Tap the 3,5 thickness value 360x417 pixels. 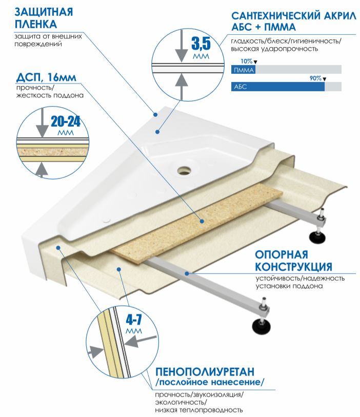tap(201, 44)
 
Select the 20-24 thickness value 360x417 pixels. tap(66, 122)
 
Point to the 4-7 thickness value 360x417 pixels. tap(134, 320)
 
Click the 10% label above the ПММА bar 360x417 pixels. tap(247, 61)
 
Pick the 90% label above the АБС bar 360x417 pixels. tap(315, 78)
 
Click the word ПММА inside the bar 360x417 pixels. tap(244, 70)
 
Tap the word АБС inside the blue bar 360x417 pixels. tap(241, 87)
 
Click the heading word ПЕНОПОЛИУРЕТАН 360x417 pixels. tap(205, 371)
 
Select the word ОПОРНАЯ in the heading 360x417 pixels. tap(282, 254)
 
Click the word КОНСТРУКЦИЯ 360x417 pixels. tap(293, 267)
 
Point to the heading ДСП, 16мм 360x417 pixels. tap(46, 77)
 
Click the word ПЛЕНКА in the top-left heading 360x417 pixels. tap(35, 24)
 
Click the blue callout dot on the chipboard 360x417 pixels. tap(202, 221)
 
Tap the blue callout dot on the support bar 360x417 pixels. tap(187, 273)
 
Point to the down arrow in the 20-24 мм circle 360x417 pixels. tap(42, 123)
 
